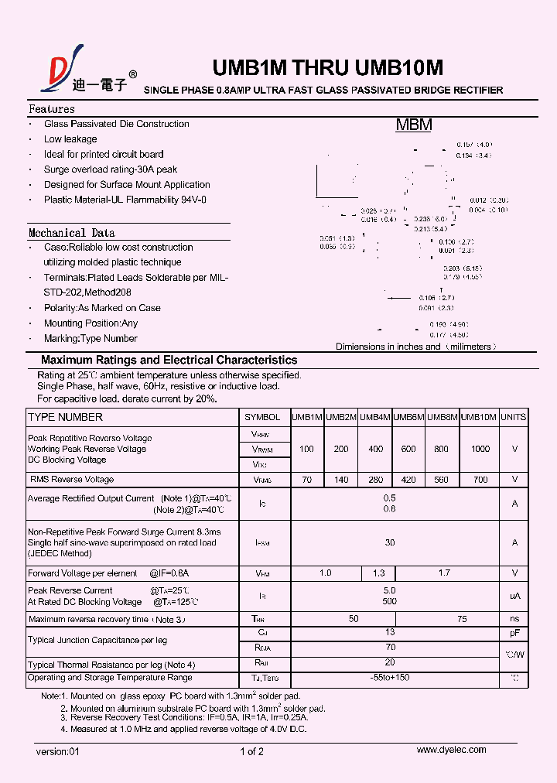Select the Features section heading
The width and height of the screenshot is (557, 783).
click(52, 109)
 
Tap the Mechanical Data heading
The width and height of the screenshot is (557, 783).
click(71, 232)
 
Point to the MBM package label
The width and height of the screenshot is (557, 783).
click(414, 125)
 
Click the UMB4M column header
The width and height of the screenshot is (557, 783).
click(375, 417)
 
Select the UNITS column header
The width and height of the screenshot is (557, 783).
click(513, 417)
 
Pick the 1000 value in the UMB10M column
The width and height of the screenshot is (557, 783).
click(480, 449)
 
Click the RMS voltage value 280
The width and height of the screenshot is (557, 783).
click(375, 480)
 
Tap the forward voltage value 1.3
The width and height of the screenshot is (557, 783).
click(378, 573)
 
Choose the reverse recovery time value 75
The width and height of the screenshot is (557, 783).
click(462, 619)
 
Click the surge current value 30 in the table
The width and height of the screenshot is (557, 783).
click(390, 542)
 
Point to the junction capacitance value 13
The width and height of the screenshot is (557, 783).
click(390, 632)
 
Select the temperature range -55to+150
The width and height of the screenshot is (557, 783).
click(390, 678)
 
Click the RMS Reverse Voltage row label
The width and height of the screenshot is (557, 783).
click(72, 480)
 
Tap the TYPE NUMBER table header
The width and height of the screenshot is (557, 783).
click(65, 417)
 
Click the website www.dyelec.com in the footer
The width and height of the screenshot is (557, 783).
click(451, 750)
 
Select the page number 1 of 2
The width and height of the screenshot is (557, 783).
click(252, 751)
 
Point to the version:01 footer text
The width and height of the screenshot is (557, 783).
click(58, 751)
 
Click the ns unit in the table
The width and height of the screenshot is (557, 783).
click(514, 619)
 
